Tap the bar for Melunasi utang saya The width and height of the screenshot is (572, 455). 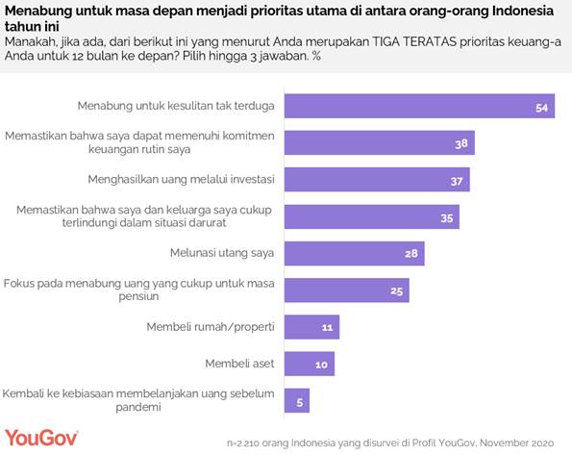[x=355, y=253]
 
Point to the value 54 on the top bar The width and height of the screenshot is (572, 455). [x=540, y=108]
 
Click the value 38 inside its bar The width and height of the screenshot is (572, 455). [x=460, y=144]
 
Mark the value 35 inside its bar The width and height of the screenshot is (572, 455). [x=445, y=217]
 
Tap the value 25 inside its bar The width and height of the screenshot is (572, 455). [x=395, y=291]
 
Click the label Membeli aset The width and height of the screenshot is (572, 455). [x=240, y=364]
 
